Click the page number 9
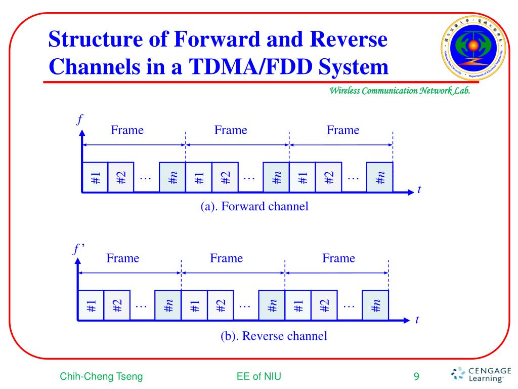tap(416, 376)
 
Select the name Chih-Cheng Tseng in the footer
tap(101, 376)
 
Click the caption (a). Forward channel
tap(254, 207)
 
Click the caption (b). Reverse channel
tap(274, 335)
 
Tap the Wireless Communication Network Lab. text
tap(400, 91)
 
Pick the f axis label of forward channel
tap(79, 120)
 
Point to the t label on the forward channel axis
tap(419, 190)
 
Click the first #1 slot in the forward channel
tap(95, 178)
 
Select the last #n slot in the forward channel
tap(380, 178)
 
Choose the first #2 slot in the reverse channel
tap(117, 306)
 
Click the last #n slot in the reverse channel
tap(375, 306)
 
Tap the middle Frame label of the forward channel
tap(231, 130)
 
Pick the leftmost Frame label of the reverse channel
tap(123, 258)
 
